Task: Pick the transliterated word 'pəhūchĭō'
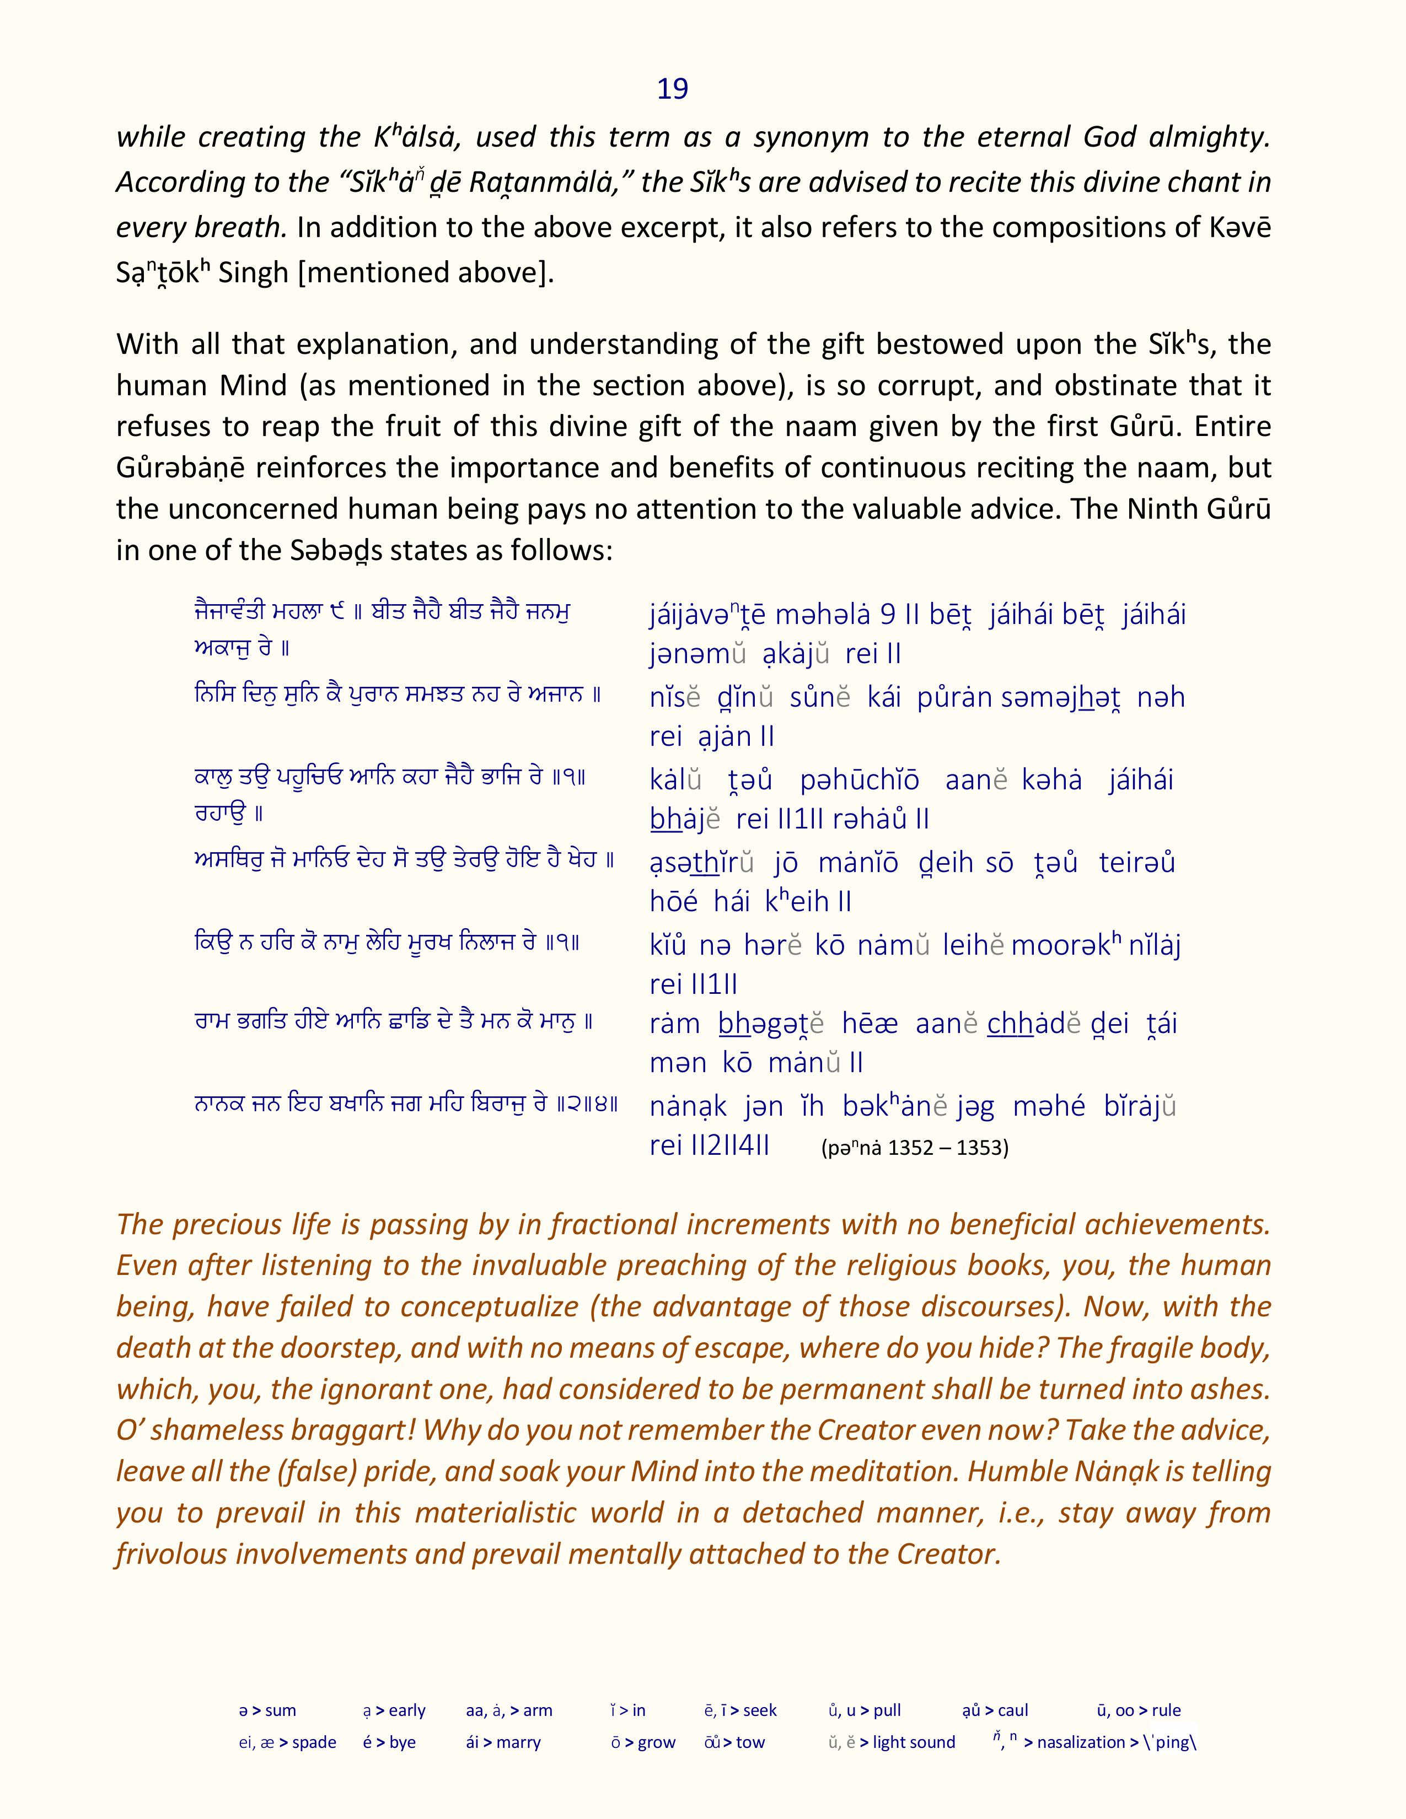tap(860, 781)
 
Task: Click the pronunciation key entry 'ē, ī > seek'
tap(739, 1711)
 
